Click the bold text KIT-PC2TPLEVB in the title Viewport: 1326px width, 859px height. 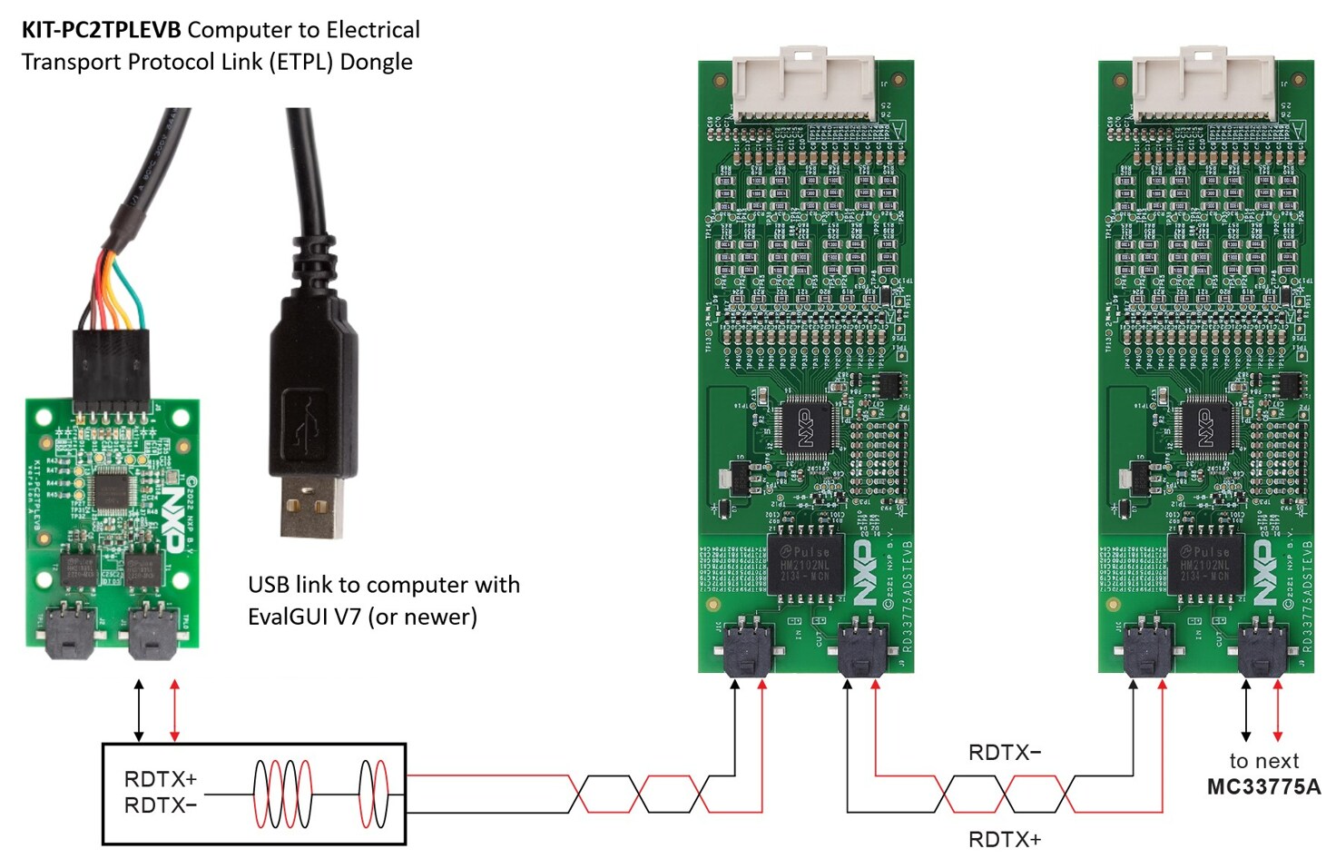click(102, 30)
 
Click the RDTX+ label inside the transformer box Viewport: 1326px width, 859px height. click(160, 779)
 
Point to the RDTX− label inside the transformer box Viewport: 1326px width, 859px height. click(160, 805)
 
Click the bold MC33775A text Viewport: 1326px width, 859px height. click(1263, 786)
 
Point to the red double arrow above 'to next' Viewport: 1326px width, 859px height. click(1278, 710)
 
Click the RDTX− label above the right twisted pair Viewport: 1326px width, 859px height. click(1004, 753)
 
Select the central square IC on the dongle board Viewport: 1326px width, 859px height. click(111, 489)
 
